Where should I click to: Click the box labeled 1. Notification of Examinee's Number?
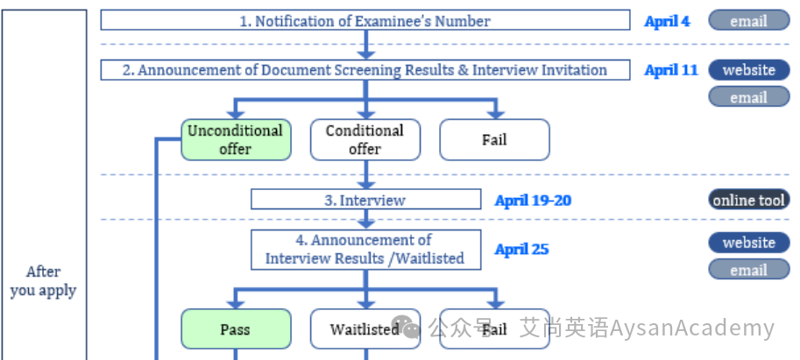(x=365, y=20)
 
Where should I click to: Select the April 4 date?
(x=667, y=21)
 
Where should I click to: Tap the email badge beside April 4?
(x=749, y=20)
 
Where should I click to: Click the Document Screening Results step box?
(x=365, y=70)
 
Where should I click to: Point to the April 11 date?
(x=671, y=70)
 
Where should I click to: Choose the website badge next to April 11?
(x=749, y=70)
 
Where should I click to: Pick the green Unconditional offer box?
(x=236, y=140)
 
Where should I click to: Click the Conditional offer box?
(x=365, y=140)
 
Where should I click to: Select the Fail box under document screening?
(x=494, y=140)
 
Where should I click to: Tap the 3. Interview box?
(x=365, y=200)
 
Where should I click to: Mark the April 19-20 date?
(x=533, y=201)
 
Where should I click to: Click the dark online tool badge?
(x=749, y=200)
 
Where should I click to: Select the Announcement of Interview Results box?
(x=365, y=250)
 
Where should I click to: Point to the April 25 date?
(x=521, y=250)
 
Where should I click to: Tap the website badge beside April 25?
(x=749, y=243)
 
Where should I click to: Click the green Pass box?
(x=236, y=328)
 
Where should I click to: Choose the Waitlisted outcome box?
(x=365, y=328)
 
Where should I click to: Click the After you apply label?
(x=43, y=281)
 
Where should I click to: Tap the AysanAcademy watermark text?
(x=692, y=328)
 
